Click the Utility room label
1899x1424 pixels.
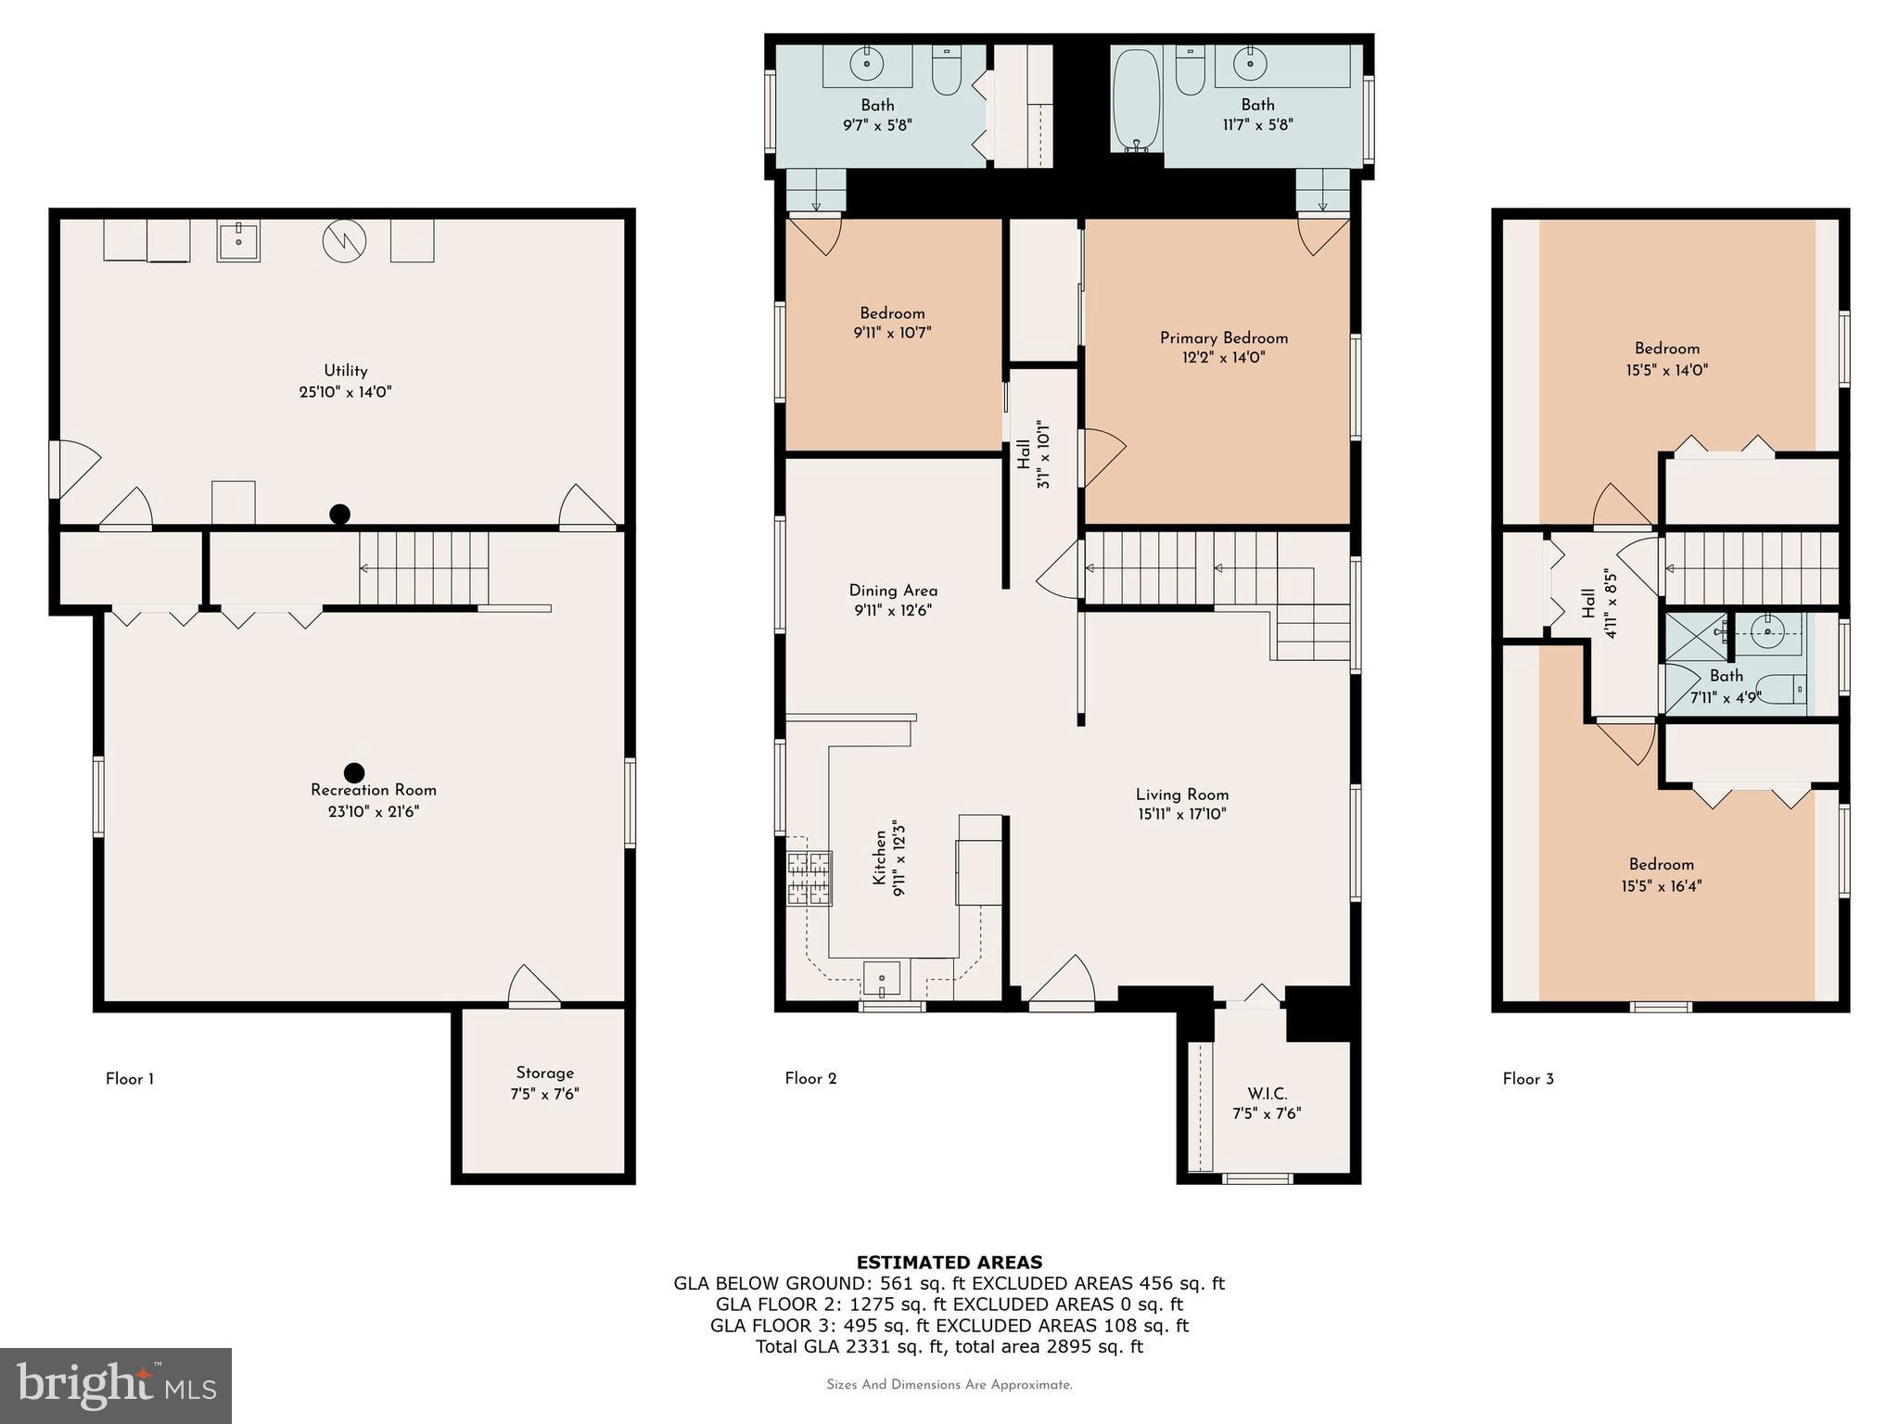click(x=345, y=370)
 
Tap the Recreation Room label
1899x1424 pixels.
click(x=373, y=790)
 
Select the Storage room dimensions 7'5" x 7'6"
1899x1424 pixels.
click(x=544, y=1094)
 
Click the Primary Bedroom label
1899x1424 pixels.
click(x=1223, y=337)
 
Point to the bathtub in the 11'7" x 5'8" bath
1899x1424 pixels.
click(x=1135, y=99)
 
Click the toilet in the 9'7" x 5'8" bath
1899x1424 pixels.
click(x=946, y=72)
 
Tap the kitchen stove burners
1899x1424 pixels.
click(x=809, y=878)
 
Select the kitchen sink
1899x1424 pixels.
click(x=882, y=977)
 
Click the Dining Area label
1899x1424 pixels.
click(x=892, y=591)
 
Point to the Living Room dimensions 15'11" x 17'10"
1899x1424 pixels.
click(x=1181, y=815)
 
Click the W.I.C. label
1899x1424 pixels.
click(x=1267, y=1094)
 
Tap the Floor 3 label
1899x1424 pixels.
click(x=1527, y=1079)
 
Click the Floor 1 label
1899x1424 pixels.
click(x=129, y=1079)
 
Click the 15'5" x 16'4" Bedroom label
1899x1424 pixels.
click(x=1661, y=865)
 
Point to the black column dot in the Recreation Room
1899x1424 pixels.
click(x=353, y=772)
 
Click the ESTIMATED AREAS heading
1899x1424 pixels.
click(x=949, y=1262)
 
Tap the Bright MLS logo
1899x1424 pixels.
click(x=115, y=1386)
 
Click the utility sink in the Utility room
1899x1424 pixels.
click(x=238, y=241)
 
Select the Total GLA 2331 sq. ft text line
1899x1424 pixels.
click(x=949, y=1347)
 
